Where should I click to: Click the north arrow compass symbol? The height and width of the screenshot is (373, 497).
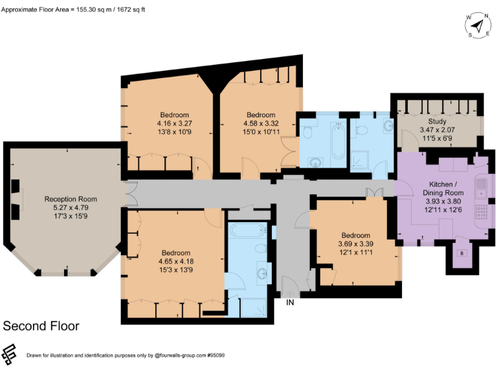478,26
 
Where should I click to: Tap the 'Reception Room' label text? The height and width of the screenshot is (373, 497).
71,199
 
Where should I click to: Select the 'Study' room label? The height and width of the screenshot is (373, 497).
437,121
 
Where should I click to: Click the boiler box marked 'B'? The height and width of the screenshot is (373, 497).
461,253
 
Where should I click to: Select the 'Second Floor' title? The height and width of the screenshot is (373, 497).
41,326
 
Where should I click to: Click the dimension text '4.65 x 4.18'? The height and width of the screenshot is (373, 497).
176,262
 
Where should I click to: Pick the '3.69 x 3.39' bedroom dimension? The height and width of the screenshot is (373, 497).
355,244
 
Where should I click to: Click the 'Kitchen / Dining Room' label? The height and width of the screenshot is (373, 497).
443,188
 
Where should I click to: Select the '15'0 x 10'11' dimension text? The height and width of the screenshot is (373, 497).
261,131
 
